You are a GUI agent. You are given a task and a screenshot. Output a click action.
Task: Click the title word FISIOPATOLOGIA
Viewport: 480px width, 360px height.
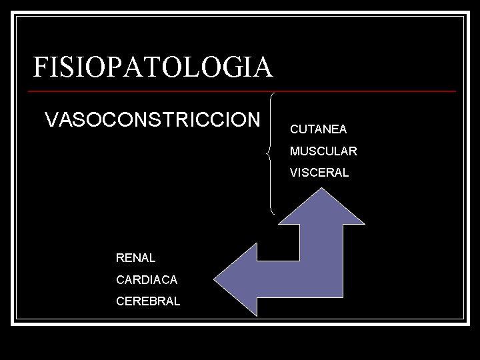pos(153,67)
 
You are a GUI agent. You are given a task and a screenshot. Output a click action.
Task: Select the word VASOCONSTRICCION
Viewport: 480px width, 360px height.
pos(153,120)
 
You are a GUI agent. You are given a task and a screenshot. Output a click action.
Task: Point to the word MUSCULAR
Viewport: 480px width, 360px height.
pos(323,151)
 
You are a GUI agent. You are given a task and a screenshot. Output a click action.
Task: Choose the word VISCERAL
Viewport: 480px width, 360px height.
pos(319,173)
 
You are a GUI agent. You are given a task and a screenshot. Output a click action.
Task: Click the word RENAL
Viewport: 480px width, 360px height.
pos(135,257)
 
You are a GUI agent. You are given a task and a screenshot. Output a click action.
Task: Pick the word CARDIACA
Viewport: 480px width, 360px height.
pos(147,280)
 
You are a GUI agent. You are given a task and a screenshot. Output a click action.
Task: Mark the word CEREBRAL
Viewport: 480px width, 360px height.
pos(148,301)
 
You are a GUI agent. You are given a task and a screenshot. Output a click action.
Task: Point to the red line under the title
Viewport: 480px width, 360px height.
pos(244,91)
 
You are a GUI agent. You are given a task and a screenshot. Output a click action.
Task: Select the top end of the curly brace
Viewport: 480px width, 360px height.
pos(275,93)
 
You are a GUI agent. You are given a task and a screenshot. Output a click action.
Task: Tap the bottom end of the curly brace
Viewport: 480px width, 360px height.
pos(275,213)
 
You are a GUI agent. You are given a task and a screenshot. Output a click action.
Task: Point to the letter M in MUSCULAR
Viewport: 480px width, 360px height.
pos(295,151)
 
